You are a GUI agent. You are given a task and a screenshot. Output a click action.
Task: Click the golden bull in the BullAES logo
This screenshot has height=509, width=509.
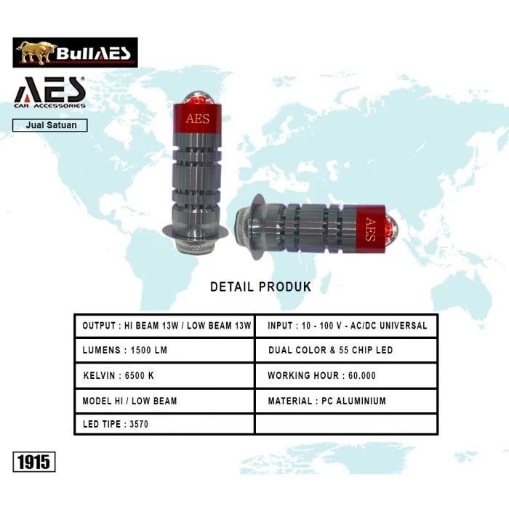click(x=36, y=52)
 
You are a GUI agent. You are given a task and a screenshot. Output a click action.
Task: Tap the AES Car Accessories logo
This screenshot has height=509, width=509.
click(x=49, y=92)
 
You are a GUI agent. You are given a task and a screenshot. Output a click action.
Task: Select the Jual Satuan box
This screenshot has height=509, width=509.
click(x=50, y=125)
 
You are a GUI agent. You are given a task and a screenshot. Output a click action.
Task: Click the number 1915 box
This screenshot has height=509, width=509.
click(x=34, y=462)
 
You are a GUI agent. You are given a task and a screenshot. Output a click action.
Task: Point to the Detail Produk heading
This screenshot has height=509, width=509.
click(x=260, y=286)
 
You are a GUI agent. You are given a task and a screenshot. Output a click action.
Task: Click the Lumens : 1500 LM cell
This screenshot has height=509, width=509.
click(x=164, y=350)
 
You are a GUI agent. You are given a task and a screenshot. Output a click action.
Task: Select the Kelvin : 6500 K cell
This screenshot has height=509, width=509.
click(x=164, y=376)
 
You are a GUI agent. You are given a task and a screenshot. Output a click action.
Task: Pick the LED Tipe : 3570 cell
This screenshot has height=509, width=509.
click(x=164, y=424)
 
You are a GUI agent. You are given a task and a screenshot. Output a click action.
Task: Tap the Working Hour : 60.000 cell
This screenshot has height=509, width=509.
click(x=346, y=376)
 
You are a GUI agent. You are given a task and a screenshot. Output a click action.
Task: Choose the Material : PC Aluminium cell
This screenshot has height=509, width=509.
click(x=346, y=401)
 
